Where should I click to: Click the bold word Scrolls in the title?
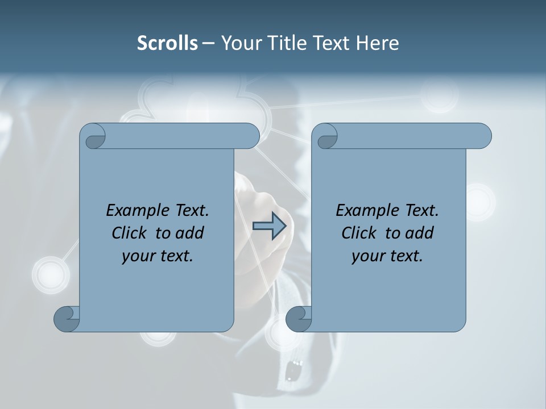pos(167,43)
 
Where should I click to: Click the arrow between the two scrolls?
pos(269,226)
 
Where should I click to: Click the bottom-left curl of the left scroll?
pos(67,318)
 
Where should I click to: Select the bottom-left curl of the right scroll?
pos(299,318)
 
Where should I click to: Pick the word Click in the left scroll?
pos(131,233)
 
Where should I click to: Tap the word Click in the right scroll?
pos(361,233)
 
